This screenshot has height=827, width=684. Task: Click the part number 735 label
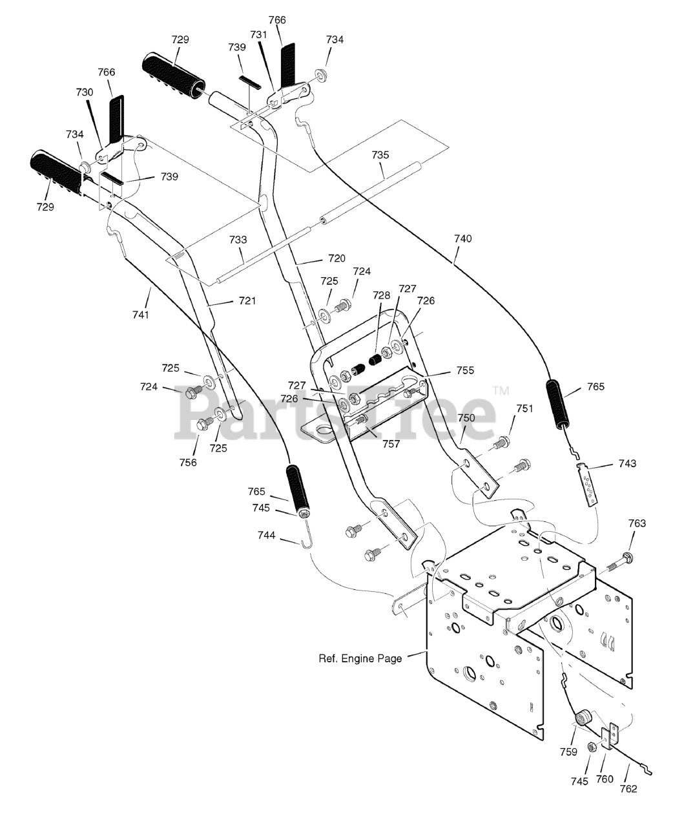coord(380,155)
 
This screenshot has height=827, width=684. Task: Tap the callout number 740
coord(463,238)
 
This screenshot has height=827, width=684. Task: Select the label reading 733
coord(238,240)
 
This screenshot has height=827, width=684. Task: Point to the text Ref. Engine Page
coord(360,658)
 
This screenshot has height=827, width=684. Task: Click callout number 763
coord(637,523)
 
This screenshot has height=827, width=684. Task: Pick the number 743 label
coord(627,463)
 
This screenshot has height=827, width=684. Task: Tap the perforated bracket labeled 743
coord(586,484)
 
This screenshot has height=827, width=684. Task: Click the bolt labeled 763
coord(618,562)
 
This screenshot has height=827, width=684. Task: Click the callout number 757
coord(391,444)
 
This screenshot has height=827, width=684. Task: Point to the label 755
coord(465,370)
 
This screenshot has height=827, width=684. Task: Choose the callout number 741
coord(141,315)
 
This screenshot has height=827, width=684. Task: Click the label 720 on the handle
coord(337,258)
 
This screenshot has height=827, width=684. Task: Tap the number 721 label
coord(247,301)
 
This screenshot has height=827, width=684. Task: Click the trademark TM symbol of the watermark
coord(501,391)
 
